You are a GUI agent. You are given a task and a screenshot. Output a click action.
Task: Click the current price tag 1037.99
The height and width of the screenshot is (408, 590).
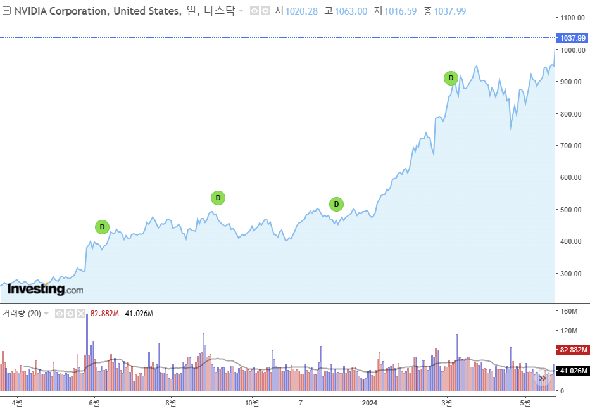click(572, 38)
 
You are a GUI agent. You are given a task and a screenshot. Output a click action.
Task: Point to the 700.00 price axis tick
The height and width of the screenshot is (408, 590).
click(571, 146)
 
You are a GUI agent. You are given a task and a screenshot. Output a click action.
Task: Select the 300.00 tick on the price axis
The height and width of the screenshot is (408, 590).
click(571, 274)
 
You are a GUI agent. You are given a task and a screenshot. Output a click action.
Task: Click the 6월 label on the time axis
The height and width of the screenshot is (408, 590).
click(94, 402)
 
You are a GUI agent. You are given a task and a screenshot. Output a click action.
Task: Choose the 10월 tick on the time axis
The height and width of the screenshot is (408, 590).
click(252, 402)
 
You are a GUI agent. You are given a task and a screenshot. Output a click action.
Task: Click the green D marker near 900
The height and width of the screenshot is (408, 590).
click(451, 79)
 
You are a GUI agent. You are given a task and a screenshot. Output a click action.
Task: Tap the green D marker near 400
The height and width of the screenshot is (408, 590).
click(102, 227)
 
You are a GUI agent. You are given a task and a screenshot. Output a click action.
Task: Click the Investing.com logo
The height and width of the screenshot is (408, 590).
click(45, 290)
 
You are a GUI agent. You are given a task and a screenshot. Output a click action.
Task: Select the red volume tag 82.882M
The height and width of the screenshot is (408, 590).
click(572, 350)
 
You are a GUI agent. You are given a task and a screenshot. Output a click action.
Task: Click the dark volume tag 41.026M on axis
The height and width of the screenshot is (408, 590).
click(572, 371)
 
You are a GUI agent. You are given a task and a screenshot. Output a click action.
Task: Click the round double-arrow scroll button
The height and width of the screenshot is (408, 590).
click(543, 378)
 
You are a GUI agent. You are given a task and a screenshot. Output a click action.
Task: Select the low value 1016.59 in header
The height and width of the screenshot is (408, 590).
click(400, 11)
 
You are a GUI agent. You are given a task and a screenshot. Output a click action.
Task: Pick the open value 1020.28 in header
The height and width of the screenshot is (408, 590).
click(301, 11)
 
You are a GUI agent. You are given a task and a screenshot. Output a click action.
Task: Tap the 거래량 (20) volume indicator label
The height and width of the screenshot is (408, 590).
click(22, 314)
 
